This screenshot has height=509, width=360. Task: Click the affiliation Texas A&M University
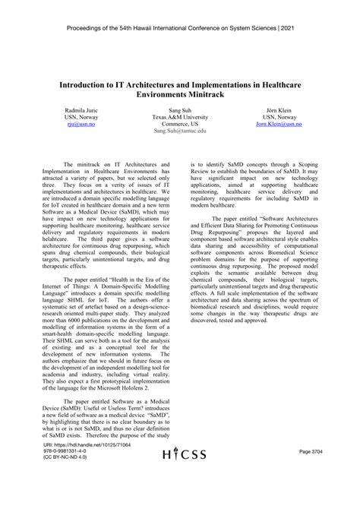coord(181,117)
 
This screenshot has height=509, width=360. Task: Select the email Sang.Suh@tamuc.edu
coord(181,131)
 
